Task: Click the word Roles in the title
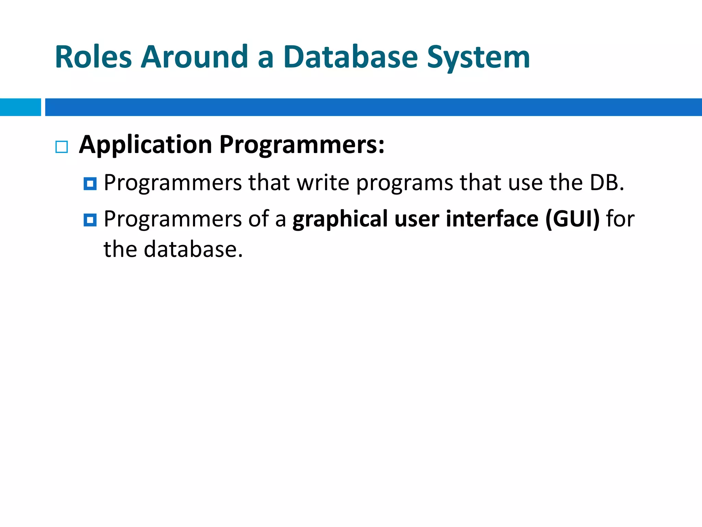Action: coord(93,57)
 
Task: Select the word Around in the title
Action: coord(194,57)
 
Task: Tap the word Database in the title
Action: coord(350,57)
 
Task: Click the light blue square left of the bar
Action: coord(20,107)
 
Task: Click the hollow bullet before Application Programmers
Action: coord(62,147)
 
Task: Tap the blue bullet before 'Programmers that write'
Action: coord(90,184)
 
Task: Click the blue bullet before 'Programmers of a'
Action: coord(90,220)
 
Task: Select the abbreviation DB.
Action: coord(606,183)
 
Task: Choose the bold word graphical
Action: coord(340,220)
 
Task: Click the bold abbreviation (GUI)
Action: coord(572,219)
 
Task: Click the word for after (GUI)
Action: coord(620,219)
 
